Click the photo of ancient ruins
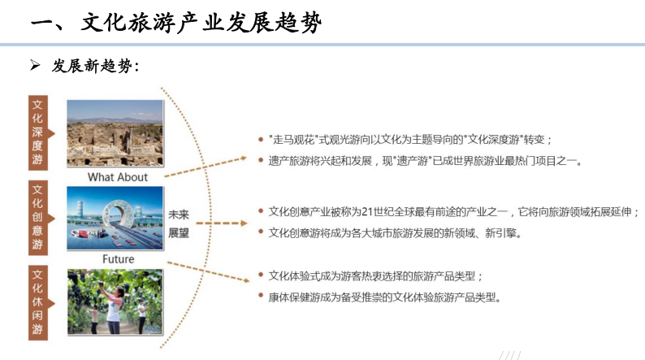pyautogui.click(x=115, y=133)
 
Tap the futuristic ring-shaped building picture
pyautogui.click(x=115, y=218)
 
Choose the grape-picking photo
pyautogui.click(x=115, y=302)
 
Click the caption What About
pyautogui.click(x=118, y=177)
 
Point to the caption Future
pyautogui.click(x=118, y=258)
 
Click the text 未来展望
pyautogui.click(x=179, y=223)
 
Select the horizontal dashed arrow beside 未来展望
pyautogui.click(x=222, y=223)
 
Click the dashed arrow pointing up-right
pyautogui.click(x=206, y=167)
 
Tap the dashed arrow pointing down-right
pyautogui.click(x=208, y=272)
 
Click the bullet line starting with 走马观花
pyautogui.click(x=410, y=140)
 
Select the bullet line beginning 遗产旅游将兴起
pyautogui.click(x=426, y=161)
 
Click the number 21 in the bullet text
pyautogui.click(x=366, y=212)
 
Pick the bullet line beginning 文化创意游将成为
pyautogui.click(x=395, y=233)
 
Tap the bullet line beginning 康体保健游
pyautogui.click(x=384, y=297)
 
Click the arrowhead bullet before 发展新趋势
pyautogui.click(x=35, y=65)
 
